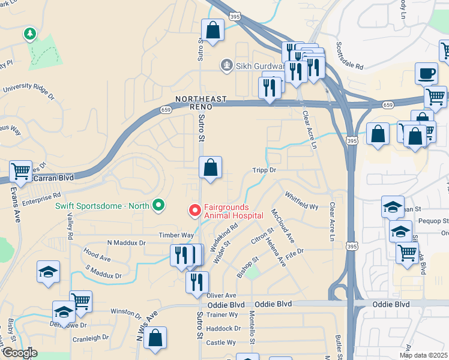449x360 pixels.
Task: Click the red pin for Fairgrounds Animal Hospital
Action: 194,211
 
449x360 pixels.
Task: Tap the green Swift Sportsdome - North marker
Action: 158,206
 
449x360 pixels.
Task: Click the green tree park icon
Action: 29,34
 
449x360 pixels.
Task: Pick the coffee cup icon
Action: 426,74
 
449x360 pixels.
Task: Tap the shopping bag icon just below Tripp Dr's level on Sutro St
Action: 211,169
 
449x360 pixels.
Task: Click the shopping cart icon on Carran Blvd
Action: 20,172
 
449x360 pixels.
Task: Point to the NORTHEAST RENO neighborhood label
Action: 201,102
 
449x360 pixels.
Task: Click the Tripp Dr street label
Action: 264,170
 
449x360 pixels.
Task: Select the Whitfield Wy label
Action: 301,201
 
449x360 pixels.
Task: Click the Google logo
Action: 20,353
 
